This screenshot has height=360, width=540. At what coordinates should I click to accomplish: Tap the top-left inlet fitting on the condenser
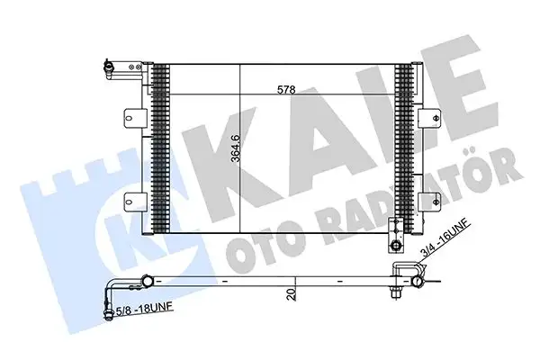110,66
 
